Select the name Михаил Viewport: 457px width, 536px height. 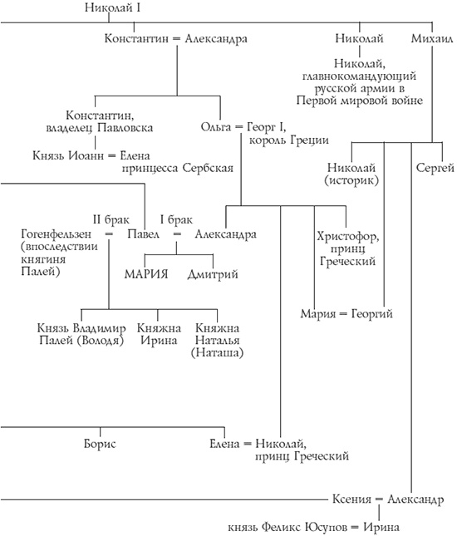point(431,38)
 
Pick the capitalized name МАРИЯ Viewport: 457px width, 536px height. point(146,273)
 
